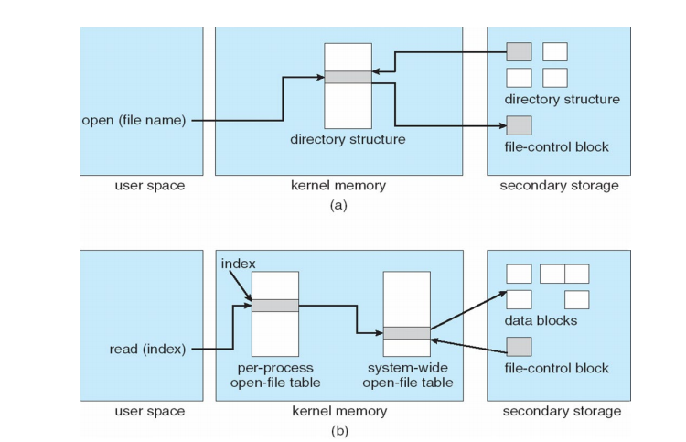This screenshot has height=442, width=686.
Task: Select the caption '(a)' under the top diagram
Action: click(x=338, y=205)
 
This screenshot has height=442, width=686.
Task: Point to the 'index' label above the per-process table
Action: click(x=239, y=264)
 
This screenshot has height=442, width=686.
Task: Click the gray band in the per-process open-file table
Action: click(x=274, y=306)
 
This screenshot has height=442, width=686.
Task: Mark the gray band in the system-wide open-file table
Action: click(x=407, y=333)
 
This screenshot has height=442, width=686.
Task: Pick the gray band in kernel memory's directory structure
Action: click(x=348, y=78)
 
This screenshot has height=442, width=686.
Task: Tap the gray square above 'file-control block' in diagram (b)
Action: click(x=519, y=347)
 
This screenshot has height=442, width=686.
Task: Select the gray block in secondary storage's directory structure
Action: click(x=519, y=51)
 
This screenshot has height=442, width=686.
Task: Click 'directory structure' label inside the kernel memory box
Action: click(x=348, y=140)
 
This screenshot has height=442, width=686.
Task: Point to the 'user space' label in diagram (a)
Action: click(x=149, y=186)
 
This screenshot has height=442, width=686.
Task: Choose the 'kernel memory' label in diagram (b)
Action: click(x=339, y=411)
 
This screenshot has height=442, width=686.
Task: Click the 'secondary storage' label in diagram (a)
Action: click(x=559, y=186)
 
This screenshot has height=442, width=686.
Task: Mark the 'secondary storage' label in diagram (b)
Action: click(x=559, y=411)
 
